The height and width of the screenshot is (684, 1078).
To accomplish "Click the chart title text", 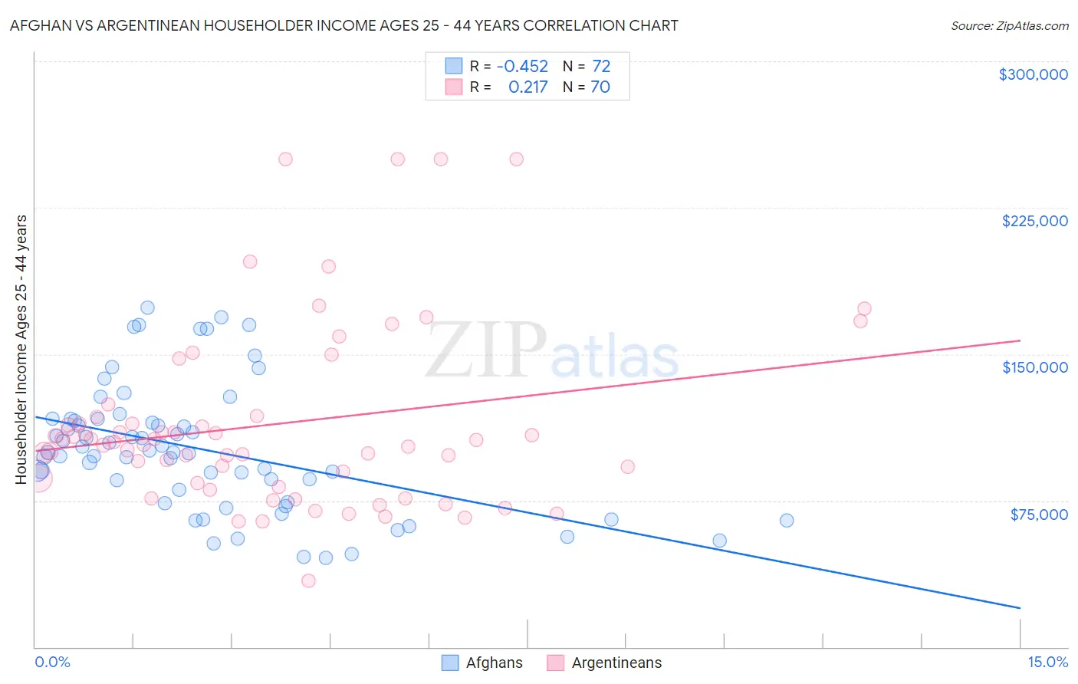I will point(343,25).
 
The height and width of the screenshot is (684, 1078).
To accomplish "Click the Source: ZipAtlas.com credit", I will point(1009,25).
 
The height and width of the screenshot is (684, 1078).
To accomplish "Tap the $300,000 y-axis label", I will point(1033,74).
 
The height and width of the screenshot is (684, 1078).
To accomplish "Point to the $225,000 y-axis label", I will point(1034,221).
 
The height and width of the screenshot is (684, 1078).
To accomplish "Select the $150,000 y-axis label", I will point(1034,367).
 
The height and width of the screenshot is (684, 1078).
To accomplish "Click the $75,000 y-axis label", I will point(1039,514).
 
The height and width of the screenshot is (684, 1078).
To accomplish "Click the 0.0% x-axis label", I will point(52,662).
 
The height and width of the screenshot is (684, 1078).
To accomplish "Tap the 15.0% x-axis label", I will point(1047,662).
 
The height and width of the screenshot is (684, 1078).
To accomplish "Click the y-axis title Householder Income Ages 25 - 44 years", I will point(21,350).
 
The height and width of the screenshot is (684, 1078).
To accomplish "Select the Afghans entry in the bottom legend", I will point(494,663).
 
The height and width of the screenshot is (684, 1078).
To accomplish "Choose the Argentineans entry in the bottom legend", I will point(616,663).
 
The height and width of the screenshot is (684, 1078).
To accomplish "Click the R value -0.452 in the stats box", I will point(522,66).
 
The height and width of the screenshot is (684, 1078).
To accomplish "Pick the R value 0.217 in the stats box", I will point(527,87).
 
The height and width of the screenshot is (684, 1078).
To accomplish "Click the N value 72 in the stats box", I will point(601,66).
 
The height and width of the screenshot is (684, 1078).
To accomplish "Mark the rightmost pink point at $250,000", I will point(516,159).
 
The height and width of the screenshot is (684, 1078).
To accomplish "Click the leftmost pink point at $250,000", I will point(285,159).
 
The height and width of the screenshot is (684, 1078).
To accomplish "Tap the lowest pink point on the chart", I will point(308,580).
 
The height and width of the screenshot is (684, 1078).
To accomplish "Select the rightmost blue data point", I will point(787,521).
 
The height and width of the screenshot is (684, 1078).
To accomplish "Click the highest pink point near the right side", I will point(864,309).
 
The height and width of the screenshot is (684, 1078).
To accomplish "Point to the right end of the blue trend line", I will point(1020,608).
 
